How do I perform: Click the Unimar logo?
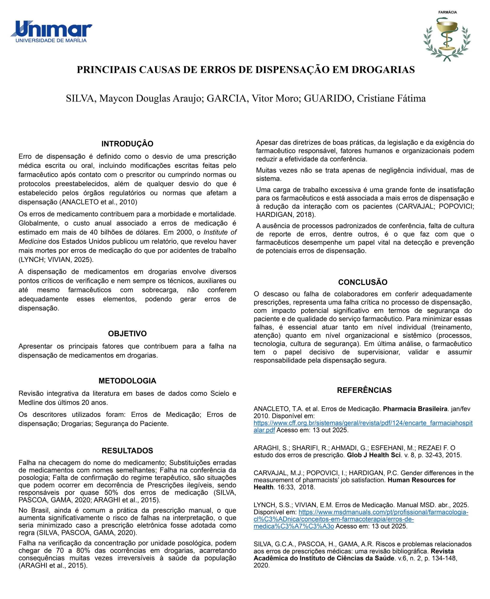tap(51, 31)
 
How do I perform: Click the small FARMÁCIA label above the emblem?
tap(447, 12)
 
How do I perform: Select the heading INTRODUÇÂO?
tap(127, 144)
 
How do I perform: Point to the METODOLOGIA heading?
tap(127, 381)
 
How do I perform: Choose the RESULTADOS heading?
tap(127, 450)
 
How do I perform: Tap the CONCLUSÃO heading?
tap(363, 282)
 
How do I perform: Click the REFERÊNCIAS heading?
tap(364, 390)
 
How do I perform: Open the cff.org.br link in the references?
tap(363, 423)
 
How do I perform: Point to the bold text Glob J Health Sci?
tap(374, 455)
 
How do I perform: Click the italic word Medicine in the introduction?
tap(32, 241)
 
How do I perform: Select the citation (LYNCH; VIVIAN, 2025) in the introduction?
tap(56, 259)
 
